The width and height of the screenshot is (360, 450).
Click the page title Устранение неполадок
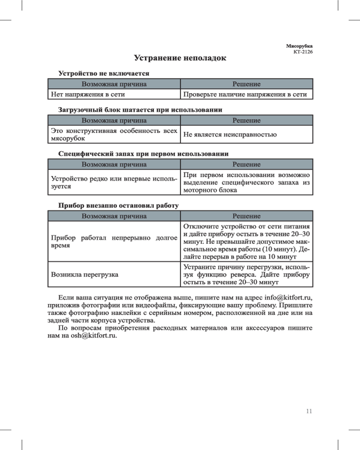[x=180, y=58]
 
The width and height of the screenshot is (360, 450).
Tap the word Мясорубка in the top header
[x=299, y=46]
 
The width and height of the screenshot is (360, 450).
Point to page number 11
[x=309, y=411]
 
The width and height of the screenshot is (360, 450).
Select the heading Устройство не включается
[x=103, y=73]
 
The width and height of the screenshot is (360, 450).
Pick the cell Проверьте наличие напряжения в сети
[x=245, y=94]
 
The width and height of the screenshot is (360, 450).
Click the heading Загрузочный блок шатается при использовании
[x=140, y=109]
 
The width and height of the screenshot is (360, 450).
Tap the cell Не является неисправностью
[x=229, y=134]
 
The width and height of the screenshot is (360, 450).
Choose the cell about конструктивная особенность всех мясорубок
[x=113, y=134]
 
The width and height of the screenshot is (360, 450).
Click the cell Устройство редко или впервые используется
[x=113, y=182]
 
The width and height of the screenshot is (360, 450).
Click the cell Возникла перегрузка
[x=85, y=274]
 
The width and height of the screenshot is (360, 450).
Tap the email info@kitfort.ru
[x=288, y=297]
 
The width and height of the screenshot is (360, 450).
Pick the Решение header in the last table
[x=246, y=216]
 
